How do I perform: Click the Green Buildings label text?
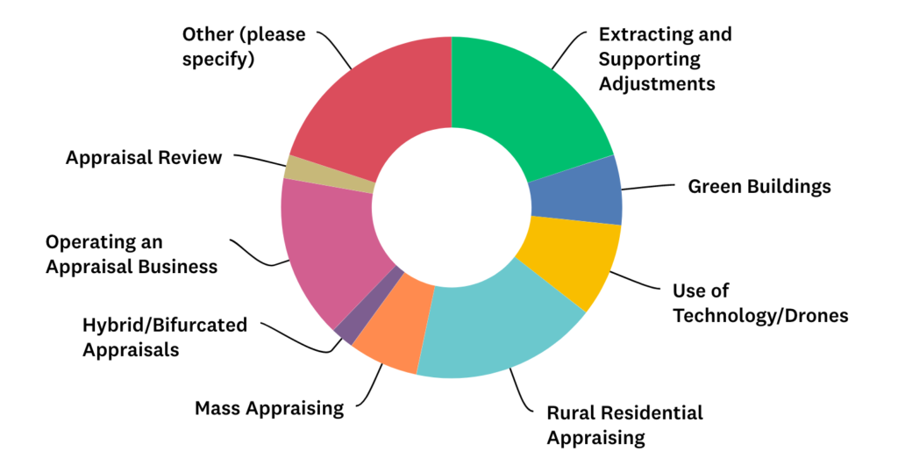pos(759,186)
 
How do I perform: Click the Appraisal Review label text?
pos(144,158)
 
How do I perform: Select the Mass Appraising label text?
pos(268,408)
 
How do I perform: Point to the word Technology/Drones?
pos(760,315)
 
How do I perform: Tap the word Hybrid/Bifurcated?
pos(164,326)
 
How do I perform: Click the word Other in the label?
pos(207,35)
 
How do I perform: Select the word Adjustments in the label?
pos(657,84)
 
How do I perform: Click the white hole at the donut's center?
pos(451,206)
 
